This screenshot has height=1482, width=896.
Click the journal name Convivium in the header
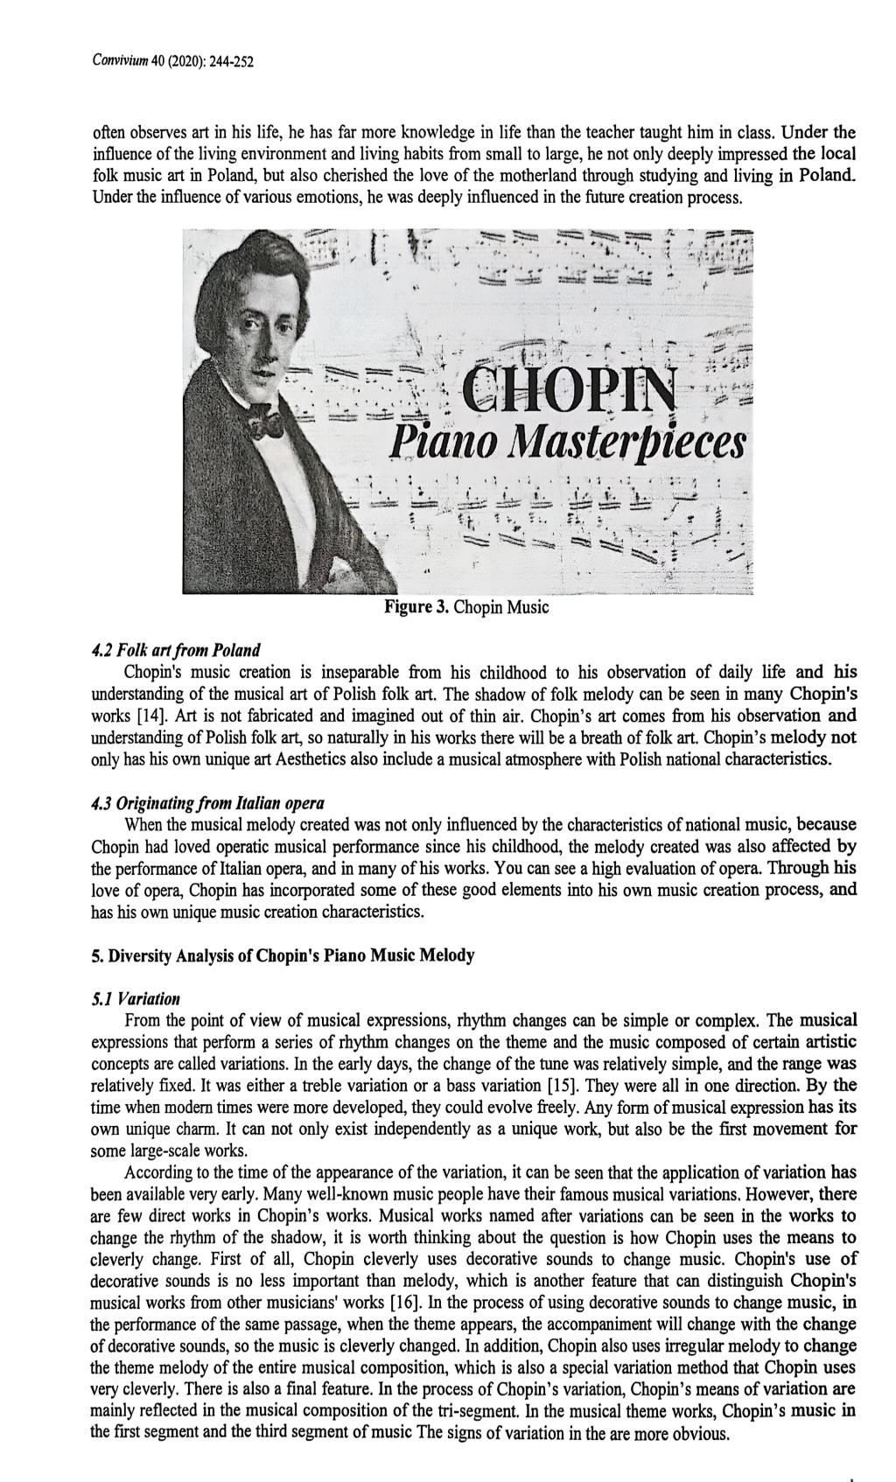coord(122,62)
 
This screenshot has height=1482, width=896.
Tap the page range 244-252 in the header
coord(232,62)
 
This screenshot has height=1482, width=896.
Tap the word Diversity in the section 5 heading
coord(138,955)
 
